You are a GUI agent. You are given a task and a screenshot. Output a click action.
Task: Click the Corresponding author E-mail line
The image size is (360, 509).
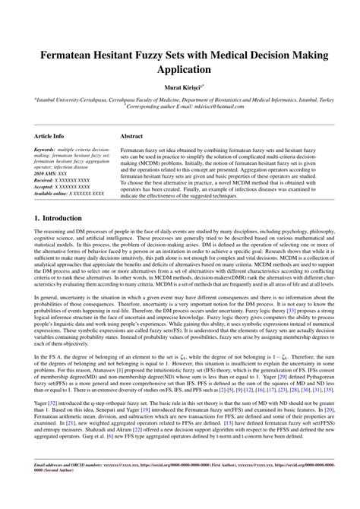point(180,106)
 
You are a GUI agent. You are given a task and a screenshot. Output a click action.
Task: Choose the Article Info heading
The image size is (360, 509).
point(49,136)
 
